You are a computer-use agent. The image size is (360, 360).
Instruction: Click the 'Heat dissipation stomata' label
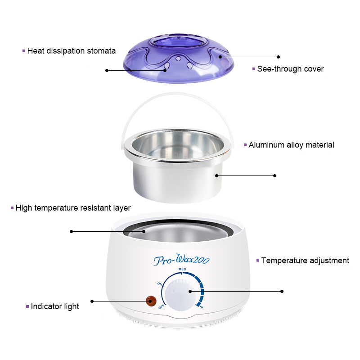pos(72,51)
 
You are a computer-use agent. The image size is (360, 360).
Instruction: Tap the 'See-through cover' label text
pos(290,69)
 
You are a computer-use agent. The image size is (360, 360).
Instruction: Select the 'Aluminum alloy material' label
pos(291,145)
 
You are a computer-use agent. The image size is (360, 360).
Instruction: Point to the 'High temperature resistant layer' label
pos(73,208)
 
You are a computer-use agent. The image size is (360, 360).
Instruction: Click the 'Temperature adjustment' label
pos(305,261)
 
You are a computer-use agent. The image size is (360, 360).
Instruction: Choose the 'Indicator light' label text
pos(55,306)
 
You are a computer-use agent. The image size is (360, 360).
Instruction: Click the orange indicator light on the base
pos(151,301)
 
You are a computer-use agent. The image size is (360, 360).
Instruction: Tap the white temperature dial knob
pos(180,295)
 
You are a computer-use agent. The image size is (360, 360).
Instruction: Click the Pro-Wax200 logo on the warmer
pos(181,260)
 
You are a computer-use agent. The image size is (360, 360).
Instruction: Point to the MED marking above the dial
pos(182,269)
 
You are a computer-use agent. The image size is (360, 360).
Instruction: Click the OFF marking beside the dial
pos(161,306)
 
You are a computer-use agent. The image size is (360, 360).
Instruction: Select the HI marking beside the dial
pos(201,307)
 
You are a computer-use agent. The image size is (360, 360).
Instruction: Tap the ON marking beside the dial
pos(160,284)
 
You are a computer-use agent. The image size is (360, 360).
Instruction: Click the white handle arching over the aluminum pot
pos(178,94)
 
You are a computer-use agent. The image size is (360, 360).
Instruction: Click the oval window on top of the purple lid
pos(178,43)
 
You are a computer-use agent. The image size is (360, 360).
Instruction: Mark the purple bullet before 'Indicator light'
pos(27,306)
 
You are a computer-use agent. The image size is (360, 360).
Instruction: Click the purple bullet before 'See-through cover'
pos(254,69)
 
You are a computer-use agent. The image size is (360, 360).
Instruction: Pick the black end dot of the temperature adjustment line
pos(282,291)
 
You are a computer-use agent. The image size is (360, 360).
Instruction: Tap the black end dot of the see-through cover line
pos(278,57)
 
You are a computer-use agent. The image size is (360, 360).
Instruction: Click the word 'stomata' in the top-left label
pos(101,51)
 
